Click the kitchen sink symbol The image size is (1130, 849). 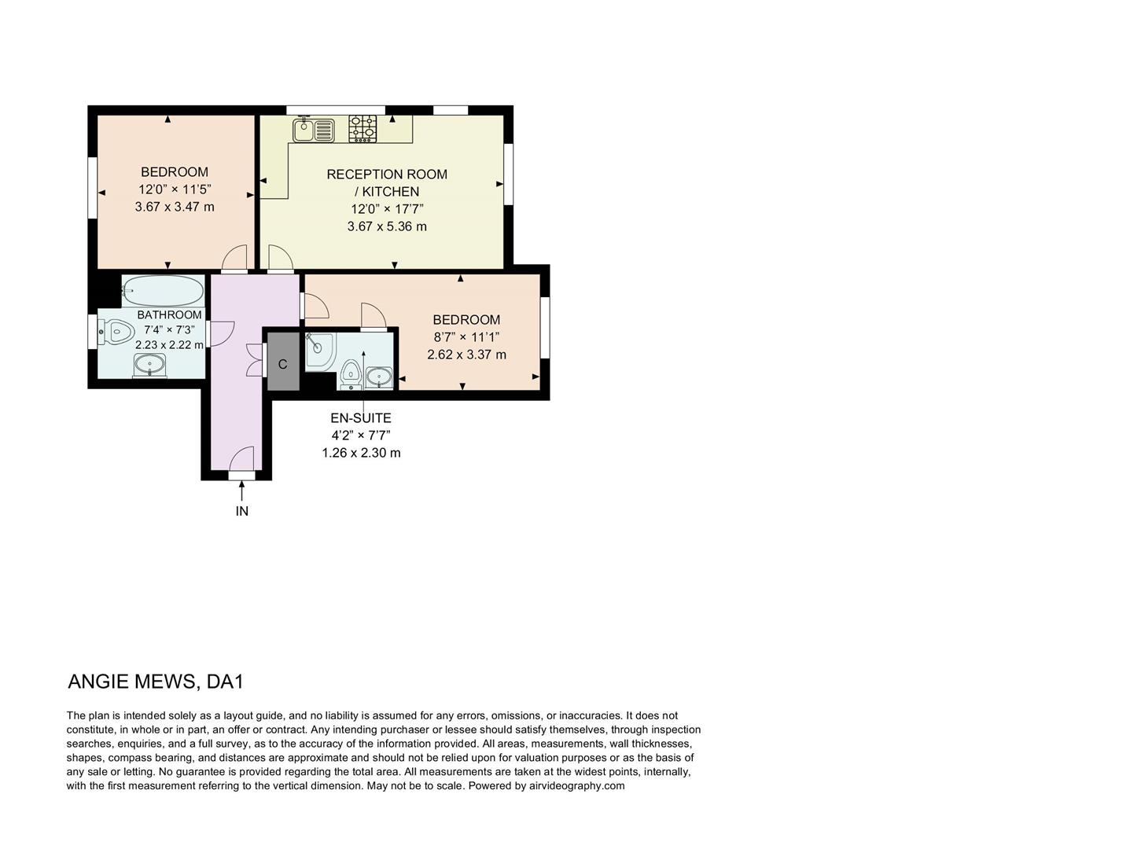[314, 130]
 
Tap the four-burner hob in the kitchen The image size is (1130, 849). [363, 129]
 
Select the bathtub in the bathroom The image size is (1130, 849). [164, 291]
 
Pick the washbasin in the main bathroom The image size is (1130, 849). [149, 365]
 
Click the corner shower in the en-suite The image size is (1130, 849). [318, 350]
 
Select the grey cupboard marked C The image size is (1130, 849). [283, 362]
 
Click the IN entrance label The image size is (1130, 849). [242, 511]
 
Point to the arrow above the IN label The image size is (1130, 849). [241, 491]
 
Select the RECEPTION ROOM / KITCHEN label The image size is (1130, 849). [387, 182]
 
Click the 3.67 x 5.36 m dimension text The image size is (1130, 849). [387, 226]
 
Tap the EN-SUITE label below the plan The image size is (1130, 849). [361, 418]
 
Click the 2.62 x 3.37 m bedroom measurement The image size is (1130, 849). [466, 355]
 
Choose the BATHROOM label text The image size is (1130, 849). [169, 314]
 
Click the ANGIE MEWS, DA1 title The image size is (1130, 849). [156, 682]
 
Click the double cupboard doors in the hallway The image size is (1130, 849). [254, 359]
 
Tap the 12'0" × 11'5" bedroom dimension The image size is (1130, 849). [175, 189]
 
